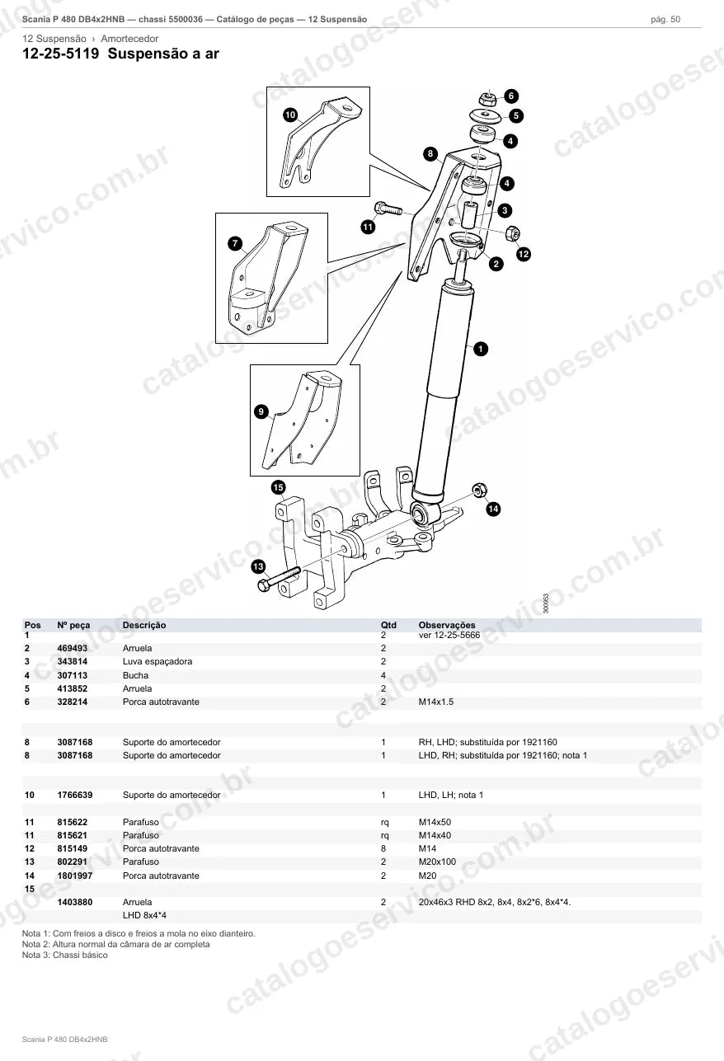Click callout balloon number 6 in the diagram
click(x=510, y=96)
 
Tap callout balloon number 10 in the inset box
click(x=290, y=115)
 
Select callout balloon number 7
click(x=235, y=244)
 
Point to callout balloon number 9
click(x=261, y=411)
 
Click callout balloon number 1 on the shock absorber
click(x=481, y=349)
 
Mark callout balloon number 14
click(x=493, y=509)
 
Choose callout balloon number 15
click(x=278, y=487)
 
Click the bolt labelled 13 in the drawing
click(x=279, y=579)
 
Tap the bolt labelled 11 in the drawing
click(x=388, y=208)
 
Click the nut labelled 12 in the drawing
click(x=513, y=232)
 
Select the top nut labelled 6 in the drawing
click(x=487, y=99)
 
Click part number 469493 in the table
click(x=72, y=648)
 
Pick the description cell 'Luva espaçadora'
click(x=157, y=661)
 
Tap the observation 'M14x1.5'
click(x=436, y=702)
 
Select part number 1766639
click(x=75, y=795)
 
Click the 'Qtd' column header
click(x=388, y=625)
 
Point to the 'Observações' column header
click(x=447, y=625)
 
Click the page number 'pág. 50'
click(x=665, y=20)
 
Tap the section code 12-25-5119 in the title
click(x=61, y=54)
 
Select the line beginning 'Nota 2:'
click(x=116, y=944)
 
